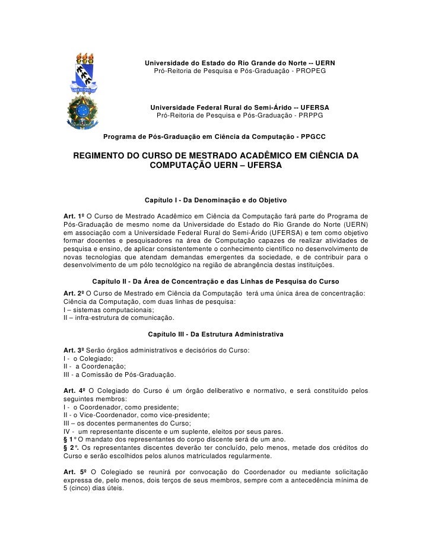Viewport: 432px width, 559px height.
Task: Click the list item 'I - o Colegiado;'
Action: (87, 360)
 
